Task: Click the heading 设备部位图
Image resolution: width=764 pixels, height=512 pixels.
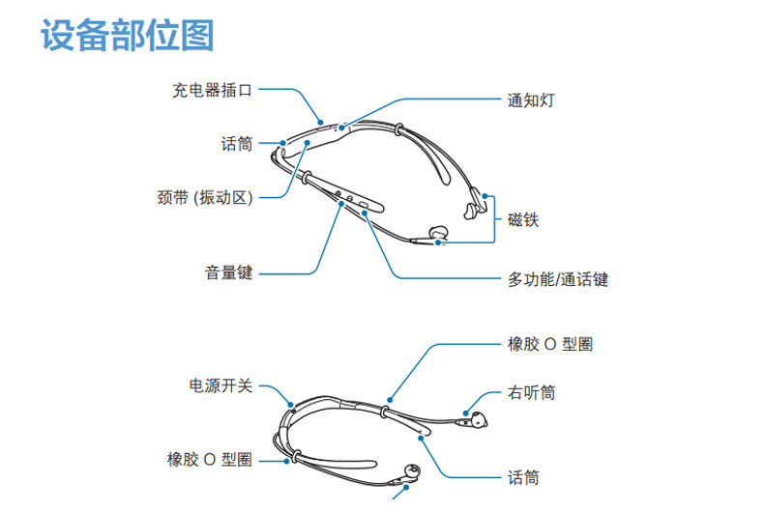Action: pyautogui.click(x=127, y=36)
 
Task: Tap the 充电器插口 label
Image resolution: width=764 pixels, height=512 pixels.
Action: pyautogui.click(x=212, y=91)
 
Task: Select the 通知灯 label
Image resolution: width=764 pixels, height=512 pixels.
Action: pyautogui.click(x=531, y=100)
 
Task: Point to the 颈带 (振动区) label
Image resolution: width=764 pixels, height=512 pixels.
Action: pyautogui.click(x=204, y=198)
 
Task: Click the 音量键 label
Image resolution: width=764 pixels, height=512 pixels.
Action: pyautogui.click(x=228, y=272)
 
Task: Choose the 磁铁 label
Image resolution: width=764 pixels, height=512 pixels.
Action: pyautogui.click(x=523, y=219)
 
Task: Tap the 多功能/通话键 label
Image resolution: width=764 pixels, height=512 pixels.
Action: pyautogui.click(x=558, y=279)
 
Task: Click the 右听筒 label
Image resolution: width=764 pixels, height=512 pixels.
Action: pyautogui.click(x=531, y=393)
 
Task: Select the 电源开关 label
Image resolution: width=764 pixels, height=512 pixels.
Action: pyautogui.click(x=220, y=385)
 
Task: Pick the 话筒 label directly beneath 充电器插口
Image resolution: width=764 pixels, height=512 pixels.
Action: pyautogui.click(x=236, y=144)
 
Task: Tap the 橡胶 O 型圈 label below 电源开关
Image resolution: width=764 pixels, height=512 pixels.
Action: pyautogui.click(x=209, y=460)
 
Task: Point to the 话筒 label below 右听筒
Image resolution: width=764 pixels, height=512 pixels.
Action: pyautogui.click(x=523, y=476)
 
